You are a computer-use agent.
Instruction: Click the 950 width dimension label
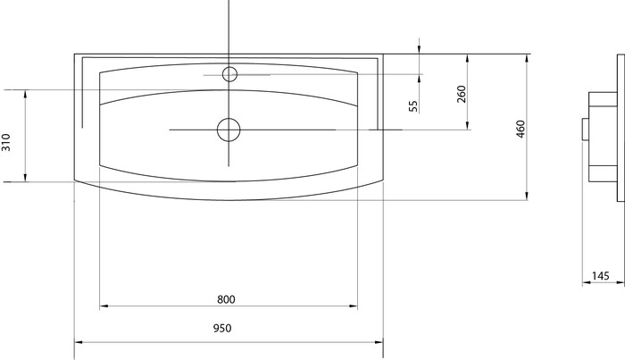coord(222,328)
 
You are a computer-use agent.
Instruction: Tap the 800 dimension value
coord(226,299)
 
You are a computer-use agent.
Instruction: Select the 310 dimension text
coord(6,142)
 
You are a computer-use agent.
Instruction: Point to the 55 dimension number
coord(413,106)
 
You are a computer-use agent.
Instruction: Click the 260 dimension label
coord(462,94)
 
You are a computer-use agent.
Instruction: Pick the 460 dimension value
coord(521,129)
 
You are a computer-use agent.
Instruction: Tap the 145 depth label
coord(600,275)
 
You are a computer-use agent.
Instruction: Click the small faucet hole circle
coord(229,74)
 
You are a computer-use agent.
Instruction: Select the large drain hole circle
coord(229,130)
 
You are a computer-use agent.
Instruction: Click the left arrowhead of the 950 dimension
coord(79,341)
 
